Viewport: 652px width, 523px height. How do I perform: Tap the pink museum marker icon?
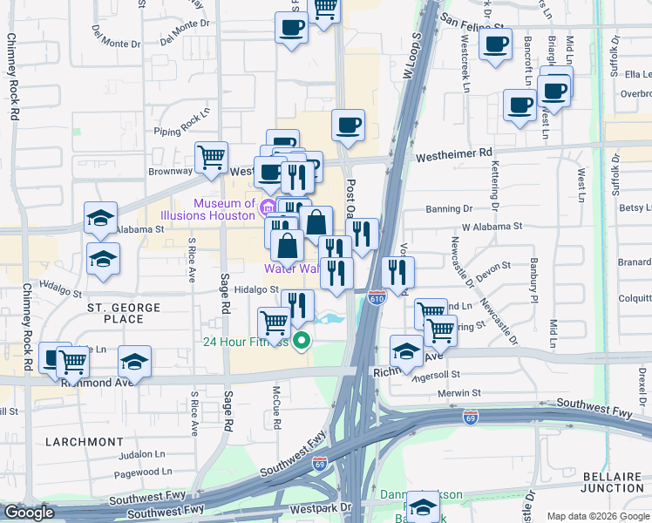tap(268, 207)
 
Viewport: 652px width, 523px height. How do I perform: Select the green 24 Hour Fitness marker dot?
tap(302, 340)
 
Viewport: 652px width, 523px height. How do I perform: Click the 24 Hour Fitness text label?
tap(245, 342)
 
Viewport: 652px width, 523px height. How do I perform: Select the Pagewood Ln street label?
tap(141, 472)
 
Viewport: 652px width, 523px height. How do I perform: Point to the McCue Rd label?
tap(276, 406)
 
